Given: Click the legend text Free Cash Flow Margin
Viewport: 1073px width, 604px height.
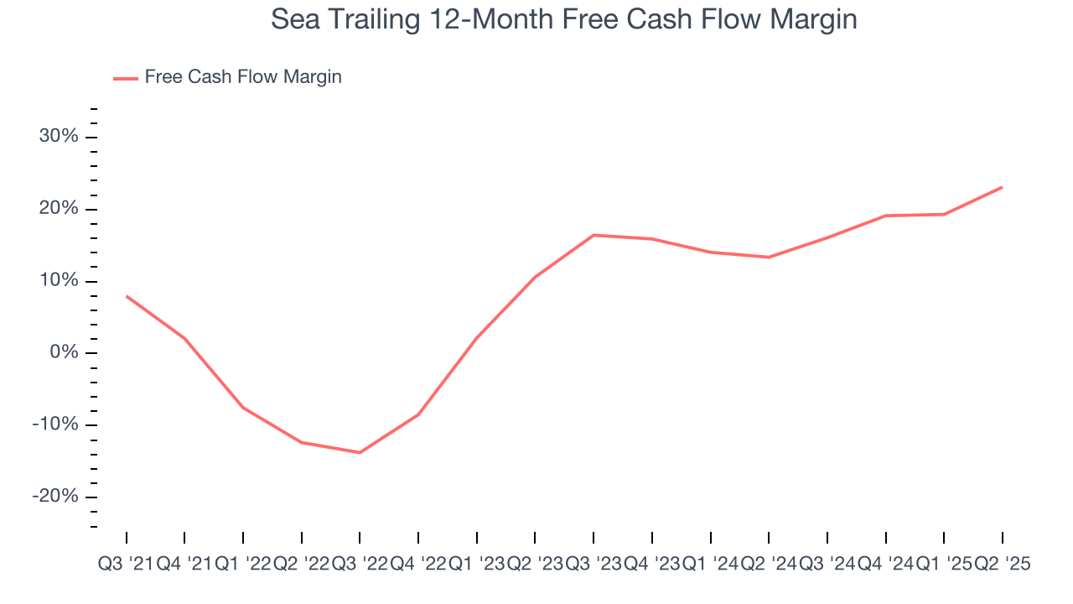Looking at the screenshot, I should (243, 77).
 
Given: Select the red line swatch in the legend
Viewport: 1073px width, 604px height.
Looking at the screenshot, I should (126, 78).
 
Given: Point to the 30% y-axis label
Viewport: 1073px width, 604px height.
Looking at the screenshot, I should (59, 137).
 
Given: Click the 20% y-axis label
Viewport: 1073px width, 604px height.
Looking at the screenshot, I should (59, 209).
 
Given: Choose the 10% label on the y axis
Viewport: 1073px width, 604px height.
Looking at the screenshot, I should (59, 281).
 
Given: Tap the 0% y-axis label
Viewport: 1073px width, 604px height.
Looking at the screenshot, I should (64, 352).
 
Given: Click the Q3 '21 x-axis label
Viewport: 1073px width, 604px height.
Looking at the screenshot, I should (126, 565).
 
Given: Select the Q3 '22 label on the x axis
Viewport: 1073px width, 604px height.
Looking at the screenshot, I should (360, 565).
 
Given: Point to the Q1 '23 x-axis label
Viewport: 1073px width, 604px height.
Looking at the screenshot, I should (476, 565).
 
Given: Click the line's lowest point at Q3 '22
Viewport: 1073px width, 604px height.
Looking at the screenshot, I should (360, 452).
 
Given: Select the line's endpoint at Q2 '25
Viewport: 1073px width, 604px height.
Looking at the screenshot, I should (1003, 187).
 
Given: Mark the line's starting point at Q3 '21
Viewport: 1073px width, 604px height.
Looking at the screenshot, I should (127, 296).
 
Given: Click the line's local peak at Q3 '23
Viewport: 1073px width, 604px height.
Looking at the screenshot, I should (594, 235).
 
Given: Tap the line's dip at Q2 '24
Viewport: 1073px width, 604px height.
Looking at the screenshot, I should (769, 257).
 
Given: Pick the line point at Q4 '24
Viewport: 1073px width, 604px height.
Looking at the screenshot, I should (886, 216).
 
